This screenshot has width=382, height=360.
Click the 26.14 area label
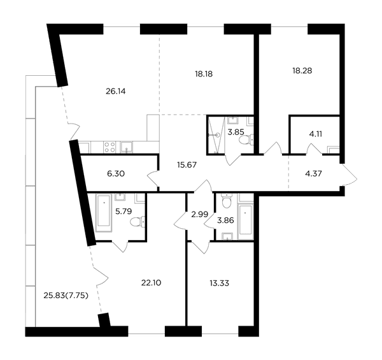(x=116, y=91)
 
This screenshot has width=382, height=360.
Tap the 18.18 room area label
(x=204, y=74)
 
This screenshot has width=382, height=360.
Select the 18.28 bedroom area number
(x=302, y=71)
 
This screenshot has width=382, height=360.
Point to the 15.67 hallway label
(x=187, y=165)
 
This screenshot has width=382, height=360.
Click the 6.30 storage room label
(x=116, y=174)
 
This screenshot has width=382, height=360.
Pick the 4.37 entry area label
(x=313, y=174)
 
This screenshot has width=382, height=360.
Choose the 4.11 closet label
(x=316, y=134)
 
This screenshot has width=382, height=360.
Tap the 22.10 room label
(x=152, y=283)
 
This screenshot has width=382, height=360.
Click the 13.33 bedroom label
(x=219, y=284)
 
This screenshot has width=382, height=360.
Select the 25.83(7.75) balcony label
(x=66, y=296)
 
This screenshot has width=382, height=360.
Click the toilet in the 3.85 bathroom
(x=246, y=140)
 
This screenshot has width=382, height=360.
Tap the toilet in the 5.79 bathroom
(x=138, y=222)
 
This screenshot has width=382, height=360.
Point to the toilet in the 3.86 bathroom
(x=227, y=201)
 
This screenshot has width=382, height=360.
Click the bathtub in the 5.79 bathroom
(x=104, y=213)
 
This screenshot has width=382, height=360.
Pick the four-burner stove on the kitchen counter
(x=109, y=147)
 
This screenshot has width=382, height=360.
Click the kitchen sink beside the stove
(x=126, y=147)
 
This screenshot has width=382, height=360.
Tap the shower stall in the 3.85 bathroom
(x=216, y=134)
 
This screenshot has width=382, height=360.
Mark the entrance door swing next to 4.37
(x=349, y=175)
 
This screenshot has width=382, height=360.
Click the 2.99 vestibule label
(x=199, y=215)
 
